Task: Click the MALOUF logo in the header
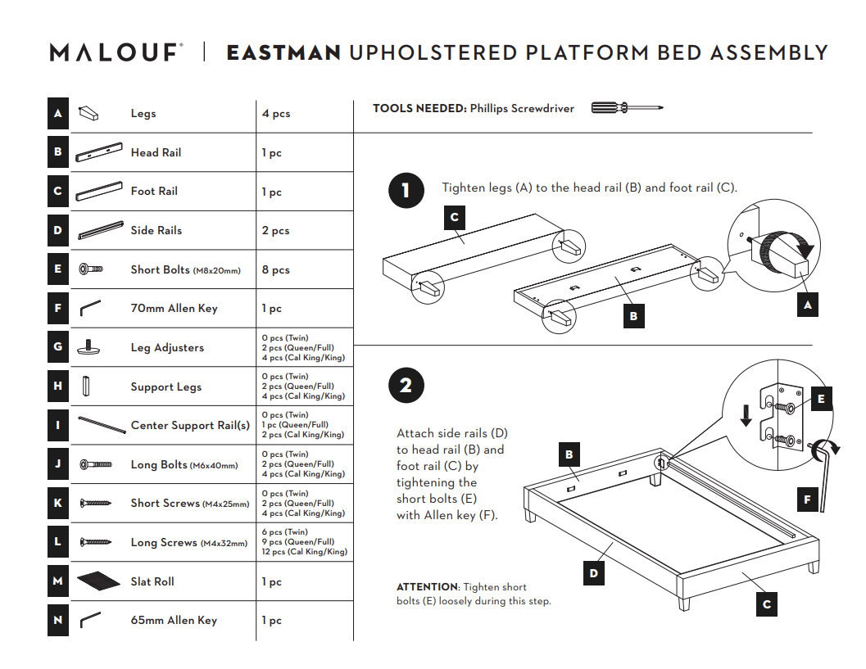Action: coord(115,53)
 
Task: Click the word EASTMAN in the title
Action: coord(283,53)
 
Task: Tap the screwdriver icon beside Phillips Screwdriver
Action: coord(627,108)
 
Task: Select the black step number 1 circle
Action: coord(406,191)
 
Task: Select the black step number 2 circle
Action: coord(406,385)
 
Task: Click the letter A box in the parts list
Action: coord(57,114)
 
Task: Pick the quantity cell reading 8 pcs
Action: coord(276,269)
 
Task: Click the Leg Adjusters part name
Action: coord(167,347)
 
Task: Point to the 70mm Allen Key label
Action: coord(174,309)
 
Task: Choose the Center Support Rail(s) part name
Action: coord(190,425)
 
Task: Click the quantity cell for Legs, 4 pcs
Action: coord(276,114)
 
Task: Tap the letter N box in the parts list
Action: coord(57,620)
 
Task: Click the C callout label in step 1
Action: coord(455,218)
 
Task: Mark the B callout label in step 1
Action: coord(633,315)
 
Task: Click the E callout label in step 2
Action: coord(821,400)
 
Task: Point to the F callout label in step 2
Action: coord(807,499)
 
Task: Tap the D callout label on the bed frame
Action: coord(594,573)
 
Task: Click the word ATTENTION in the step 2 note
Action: coord(428,587)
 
